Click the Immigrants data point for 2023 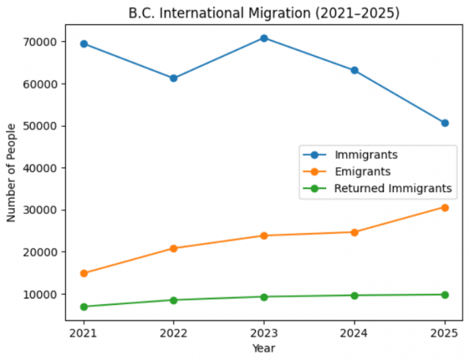click(264, 37)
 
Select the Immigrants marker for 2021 click(84, 44)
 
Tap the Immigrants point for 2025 click(444, 122)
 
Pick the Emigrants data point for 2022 click(174, 249)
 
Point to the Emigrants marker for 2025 click(444, 207)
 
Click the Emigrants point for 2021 click(84, 273)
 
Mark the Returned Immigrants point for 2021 click(84, 306)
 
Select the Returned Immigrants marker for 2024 click(354, 295)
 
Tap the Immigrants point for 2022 click(174, 78)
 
